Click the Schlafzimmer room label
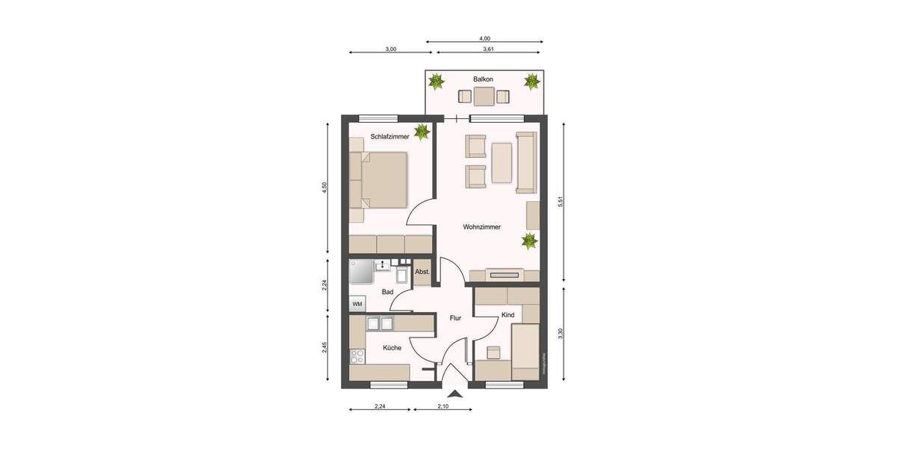(x=389, y=136)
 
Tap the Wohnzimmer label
(x=481, y=227)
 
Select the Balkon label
(x=484, y=79)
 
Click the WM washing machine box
(x=357, y=304)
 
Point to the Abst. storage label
(x=422, y=272)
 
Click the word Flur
(x=455, y=318)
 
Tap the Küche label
(x=392, y=347)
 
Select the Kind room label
(x=508, y=315)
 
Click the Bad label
(x=387, y=292)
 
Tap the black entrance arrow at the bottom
(x=454, y=392)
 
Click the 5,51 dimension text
(x=560, y=203)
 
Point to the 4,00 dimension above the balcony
(x=484, y=38)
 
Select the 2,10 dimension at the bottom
(x=443, y=406)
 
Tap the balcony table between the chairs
(x=484, y=97)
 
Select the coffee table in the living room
(x=502, y=162)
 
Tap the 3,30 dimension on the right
(x=560, y=335)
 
